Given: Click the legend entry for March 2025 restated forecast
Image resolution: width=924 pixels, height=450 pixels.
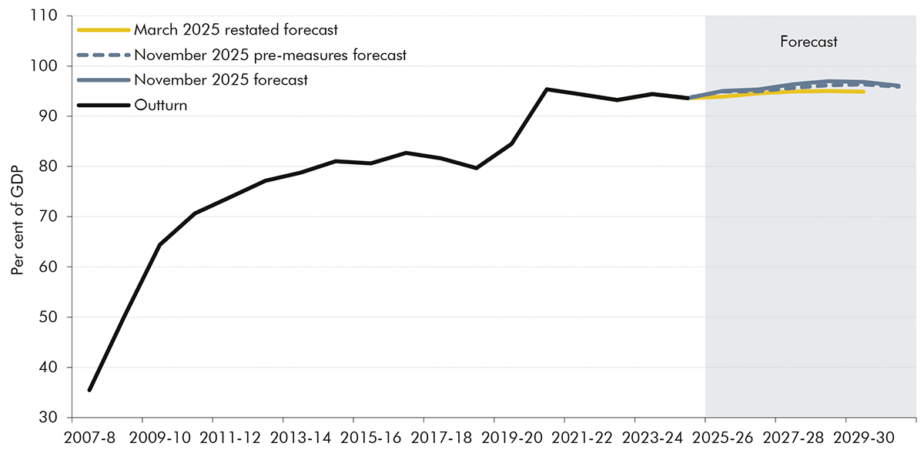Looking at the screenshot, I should click(236, 30).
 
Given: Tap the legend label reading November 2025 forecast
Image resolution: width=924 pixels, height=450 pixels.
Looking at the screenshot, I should click(221, 79).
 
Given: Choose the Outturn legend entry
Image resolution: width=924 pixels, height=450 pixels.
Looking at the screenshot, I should click(160, 105).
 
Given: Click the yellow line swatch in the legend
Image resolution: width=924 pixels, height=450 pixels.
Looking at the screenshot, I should click(103, 30).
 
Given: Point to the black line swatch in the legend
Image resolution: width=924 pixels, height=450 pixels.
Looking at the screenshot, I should click(103, 105).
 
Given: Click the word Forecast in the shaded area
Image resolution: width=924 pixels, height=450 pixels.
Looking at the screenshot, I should click(808, 42).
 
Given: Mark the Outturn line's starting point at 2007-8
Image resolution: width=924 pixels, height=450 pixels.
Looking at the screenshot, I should click(89, 390).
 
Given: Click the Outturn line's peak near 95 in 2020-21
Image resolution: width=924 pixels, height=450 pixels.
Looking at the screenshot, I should click(547, 89).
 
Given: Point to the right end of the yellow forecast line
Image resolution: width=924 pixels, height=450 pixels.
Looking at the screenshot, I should click(863, 92).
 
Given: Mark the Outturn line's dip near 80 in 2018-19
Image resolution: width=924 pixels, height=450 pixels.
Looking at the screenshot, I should click(477, 168).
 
